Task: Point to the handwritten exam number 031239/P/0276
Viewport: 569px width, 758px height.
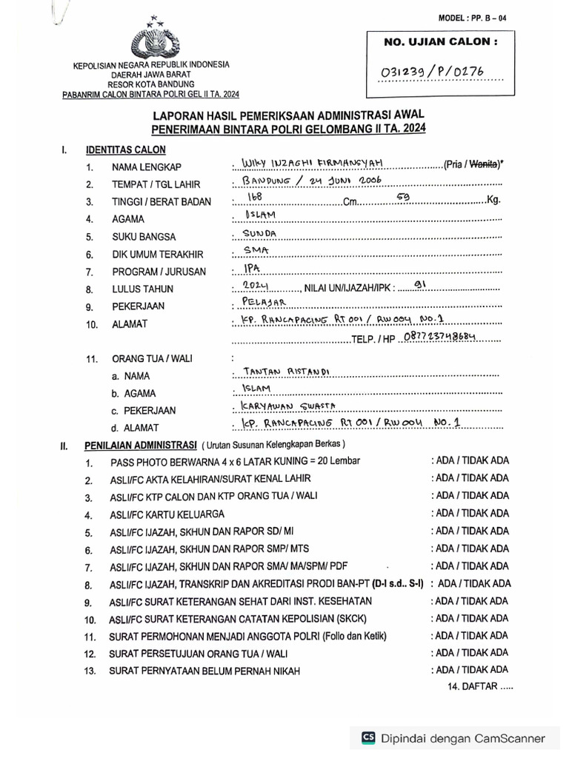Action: click(x=442, y=72)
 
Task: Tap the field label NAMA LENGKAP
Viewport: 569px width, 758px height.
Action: click(x=146, y=167)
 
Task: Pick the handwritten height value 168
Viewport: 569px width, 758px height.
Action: click(x=256, y=197)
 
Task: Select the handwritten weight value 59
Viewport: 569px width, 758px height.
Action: click(x=403, y=197)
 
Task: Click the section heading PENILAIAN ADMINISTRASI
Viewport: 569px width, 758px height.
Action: click(x=140, y=446)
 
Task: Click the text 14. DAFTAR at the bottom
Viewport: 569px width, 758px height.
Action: click(x=479, y=688)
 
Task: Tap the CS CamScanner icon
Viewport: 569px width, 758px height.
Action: click(x=368, y=737)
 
